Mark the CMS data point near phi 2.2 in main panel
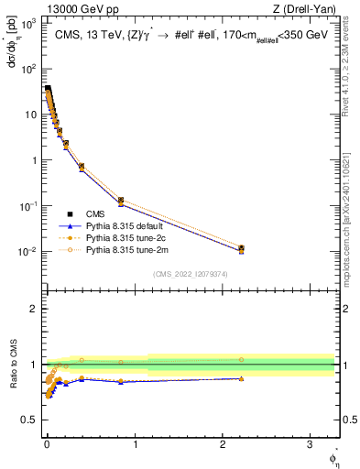[x=241, y=248]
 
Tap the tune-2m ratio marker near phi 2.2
[x=241, y=360]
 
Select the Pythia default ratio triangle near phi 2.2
[x=241, y=378]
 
